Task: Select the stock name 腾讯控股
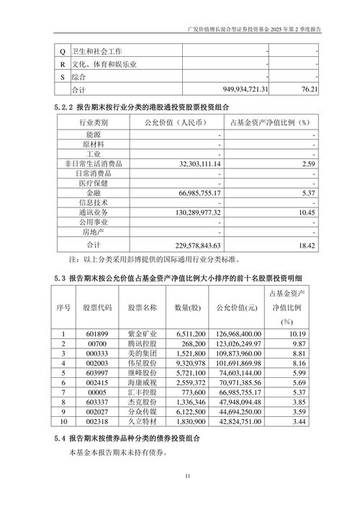click(x=142, y=344)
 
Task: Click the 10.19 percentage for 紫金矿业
click(x=305, y=334)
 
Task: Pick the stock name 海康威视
click(x=142, y=384)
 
